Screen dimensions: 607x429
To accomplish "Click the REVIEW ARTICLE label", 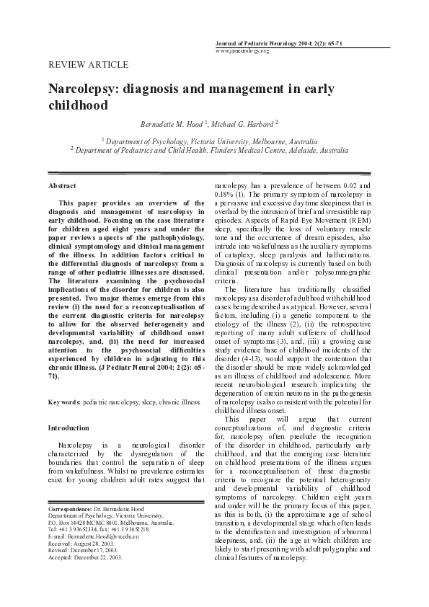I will [x=88, y=65].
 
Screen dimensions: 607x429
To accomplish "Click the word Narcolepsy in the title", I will [x=83, y=89].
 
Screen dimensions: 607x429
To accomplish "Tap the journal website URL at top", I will [x=242, y=51].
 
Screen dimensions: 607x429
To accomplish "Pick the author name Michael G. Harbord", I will [x=245, y=124].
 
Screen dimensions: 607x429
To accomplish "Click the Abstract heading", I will [x=62, y=186].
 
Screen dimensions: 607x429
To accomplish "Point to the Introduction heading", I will [x=68, y=427].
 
